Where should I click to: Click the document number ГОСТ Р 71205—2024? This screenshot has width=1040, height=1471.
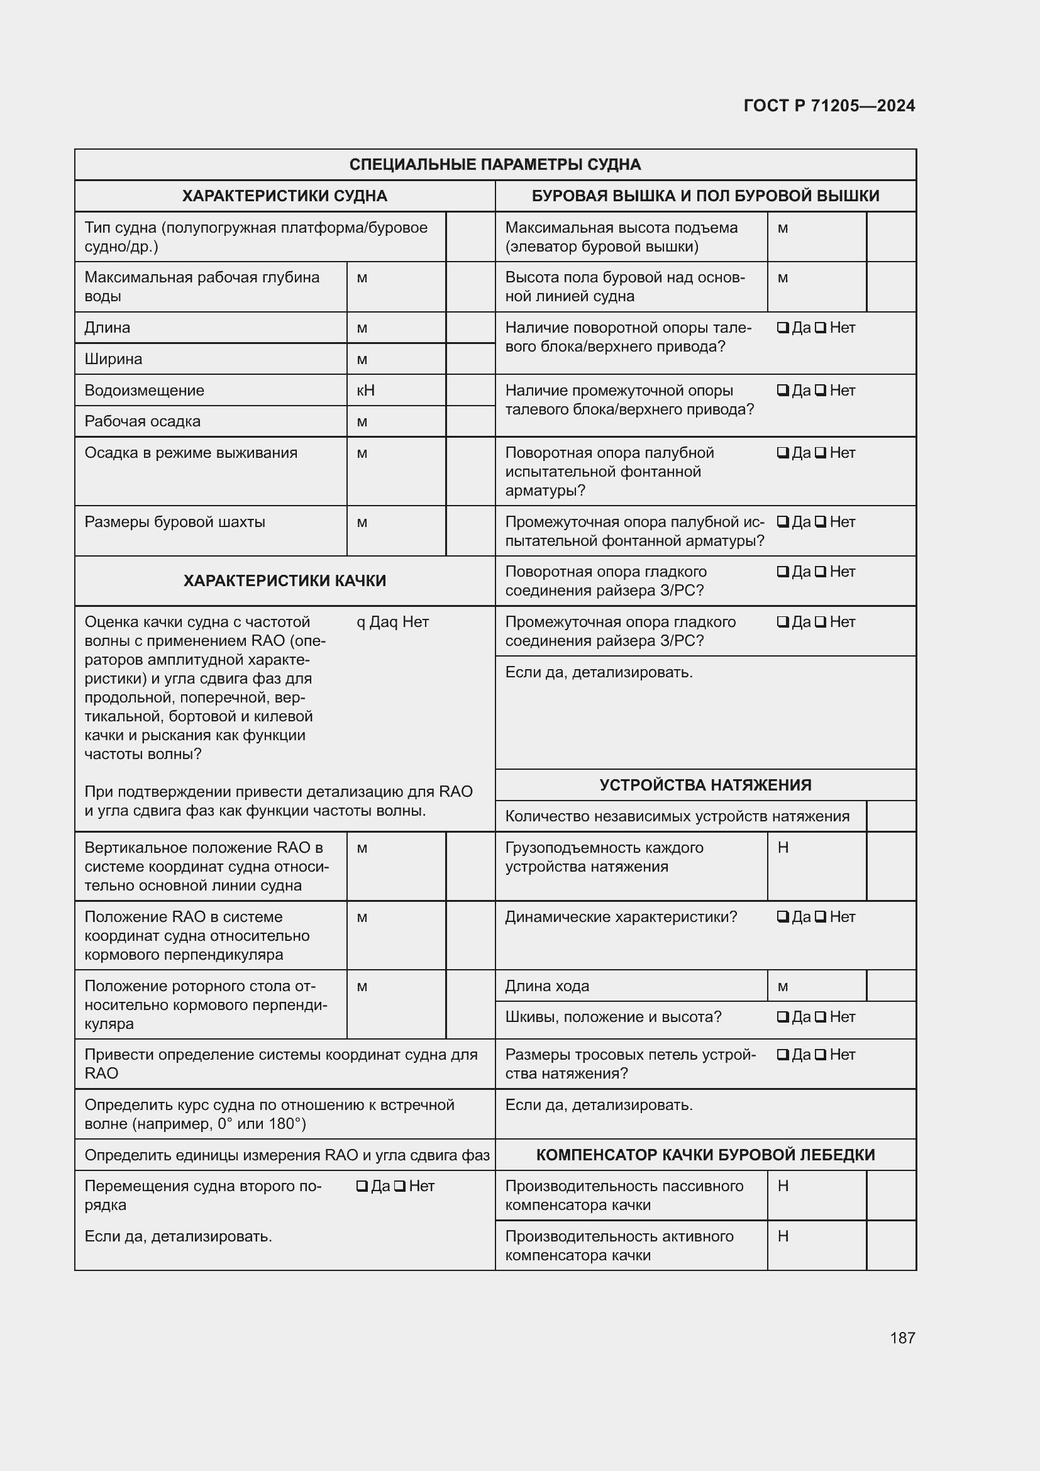pyautogui.click(x=829, y=106)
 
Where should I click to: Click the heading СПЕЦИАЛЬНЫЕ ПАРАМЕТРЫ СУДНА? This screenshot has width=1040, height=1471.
pyautogui.click(x=494, y=165)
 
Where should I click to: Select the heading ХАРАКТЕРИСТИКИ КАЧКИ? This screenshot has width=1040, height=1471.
pyautogui.click(x=284, y=580)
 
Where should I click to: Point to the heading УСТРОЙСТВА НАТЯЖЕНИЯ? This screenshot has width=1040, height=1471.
pyautogui.click(x=705, y=785)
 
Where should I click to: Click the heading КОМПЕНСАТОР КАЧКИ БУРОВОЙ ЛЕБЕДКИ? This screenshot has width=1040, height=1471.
pyautogui.click(x=705, y=1155)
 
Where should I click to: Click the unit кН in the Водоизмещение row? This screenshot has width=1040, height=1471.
pyautogui.click(x=365, y=390)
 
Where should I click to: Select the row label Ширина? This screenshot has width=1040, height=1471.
pyautogui.click(x=113, y=358)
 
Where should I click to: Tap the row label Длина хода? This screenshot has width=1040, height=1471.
pyautogui.click(x=547, y=986)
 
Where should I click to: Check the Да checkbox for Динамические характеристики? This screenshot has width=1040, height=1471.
pyautogui.click(x=783, y=917)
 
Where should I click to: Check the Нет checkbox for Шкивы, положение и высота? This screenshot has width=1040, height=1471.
pyautogui.click(x=821, y=1017)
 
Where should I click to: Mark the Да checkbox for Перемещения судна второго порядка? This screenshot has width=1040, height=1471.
pyautogui.click(x=362, y=1186)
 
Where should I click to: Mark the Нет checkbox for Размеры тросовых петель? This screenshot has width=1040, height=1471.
pyautogui.click(x=821, y=1055)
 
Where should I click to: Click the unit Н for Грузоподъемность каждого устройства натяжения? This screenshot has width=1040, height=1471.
pyautogui.click(x=783, y=848)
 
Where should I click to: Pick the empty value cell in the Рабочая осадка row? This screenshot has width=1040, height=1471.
pyautogui.click(x=470, y=421)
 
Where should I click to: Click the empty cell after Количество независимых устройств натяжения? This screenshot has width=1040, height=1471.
pyautogui.click(x=891, y=816)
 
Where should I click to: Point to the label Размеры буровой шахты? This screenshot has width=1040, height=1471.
pyautogui.click(x=175, y=521)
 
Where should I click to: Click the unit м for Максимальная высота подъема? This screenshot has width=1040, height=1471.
pyautogui.click(x=783, y=228)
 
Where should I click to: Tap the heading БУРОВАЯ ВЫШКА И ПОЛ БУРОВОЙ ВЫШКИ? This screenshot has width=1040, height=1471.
pyautogui.click(x=705, y=196)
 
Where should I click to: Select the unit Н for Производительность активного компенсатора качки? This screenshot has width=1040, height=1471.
pyautogui.click(x=783, y=1236)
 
